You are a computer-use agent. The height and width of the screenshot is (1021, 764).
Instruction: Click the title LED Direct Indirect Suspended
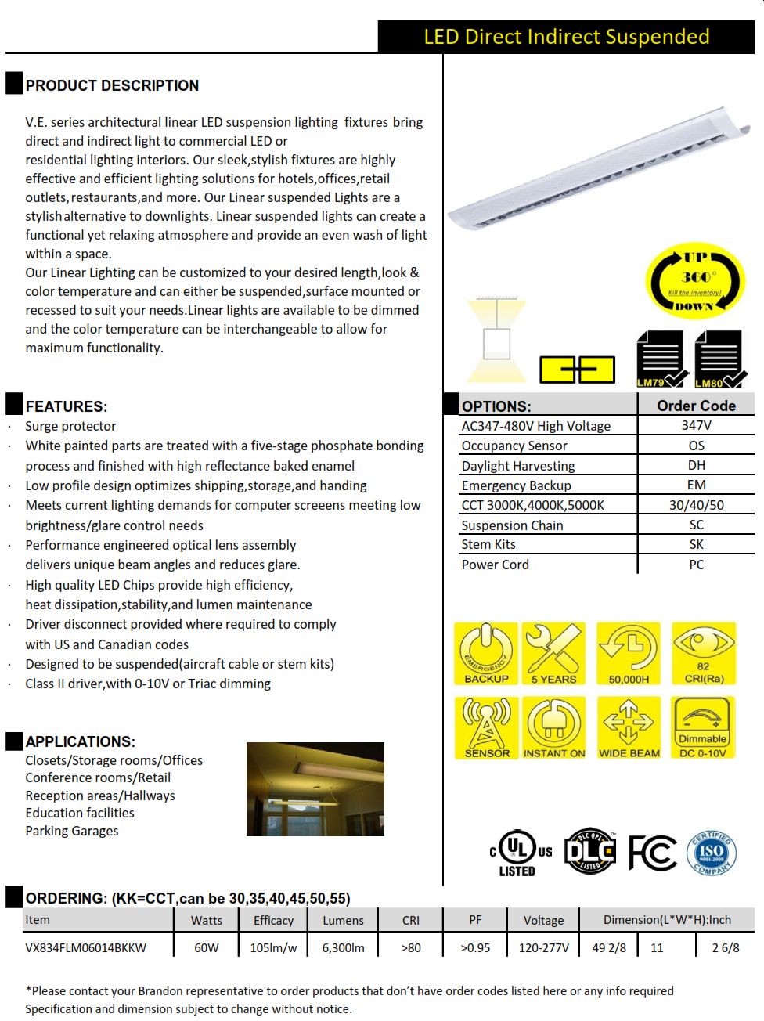(x=566, y=37)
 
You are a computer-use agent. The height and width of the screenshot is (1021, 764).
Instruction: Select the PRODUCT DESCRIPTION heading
(x=112, y=85)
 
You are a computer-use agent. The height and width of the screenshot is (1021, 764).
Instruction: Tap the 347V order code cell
(x=696, y=425)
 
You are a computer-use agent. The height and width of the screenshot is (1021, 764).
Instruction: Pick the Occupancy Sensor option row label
(x=514, y=446)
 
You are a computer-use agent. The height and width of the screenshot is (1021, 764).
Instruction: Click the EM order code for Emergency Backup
(x=696, y=485)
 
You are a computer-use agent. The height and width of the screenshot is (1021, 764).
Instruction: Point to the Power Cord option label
(x=495, y=565)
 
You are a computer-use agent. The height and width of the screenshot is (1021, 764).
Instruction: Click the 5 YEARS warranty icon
(x=553, y=653)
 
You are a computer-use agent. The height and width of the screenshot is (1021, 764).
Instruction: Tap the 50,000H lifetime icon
(x=629, y=653)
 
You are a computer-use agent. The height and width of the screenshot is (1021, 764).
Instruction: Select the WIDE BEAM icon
(x=629, y=727)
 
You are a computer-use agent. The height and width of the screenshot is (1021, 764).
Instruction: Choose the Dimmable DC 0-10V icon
(x=703, y=727)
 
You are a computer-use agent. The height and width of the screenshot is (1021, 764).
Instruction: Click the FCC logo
(x=652, y=853)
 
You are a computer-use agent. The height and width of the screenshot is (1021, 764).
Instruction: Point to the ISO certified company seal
(x=712, y=853)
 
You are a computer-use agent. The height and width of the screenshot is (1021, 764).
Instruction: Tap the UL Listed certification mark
(x=519, y=853)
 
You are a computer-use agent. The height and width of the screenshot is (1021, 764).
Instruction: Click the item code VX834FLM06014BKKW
(x=85, y=947)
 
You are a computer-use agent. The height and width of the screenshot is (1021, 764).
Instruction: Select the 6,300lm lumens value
(x=343, y=947)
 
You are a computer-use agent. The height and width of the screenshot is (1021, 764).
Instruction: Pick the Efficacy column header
(x=273, y=920)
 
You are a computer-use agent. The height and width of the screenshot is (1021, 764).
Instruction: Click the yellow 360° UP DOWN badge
(x=694, y=280)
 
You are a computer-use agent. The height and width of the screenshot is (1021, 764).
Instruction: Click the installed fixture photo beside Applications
(x=315, y=788)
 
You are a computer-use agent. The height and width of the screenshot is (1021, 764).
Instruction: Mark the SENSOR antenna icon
(x=486, y=727)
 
